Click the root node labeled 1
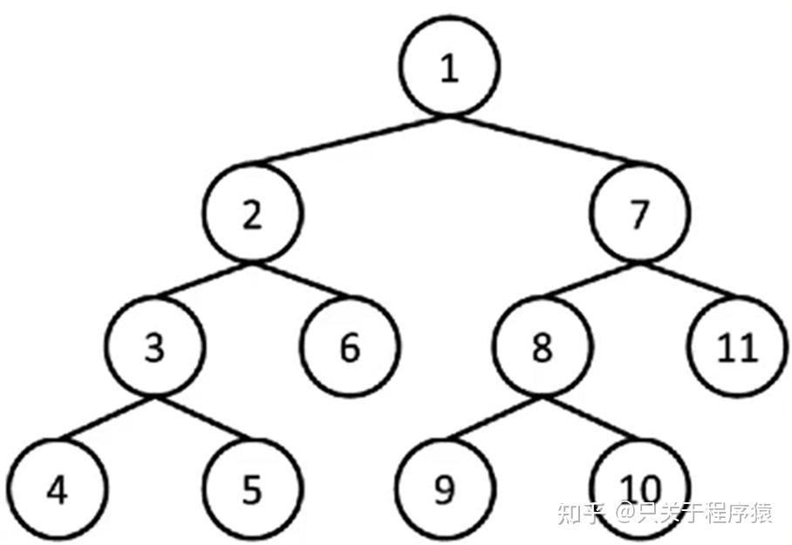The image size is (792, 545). click(449, 69)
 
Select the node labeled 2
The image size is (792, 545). click(253, 214)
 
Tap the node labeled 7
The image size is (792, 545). click(639, 214)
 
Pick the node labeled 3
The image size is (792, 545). click(155, 348)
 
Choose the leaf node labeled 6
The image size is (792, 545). click(350, 348)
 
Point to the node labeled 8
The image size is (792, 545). click(542, 348)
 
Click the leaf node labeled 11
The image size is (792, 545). click(737, 348)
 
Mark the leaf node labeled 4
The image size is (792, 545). click(58, 490)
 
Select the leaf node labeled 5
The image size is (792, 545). click(251, 490)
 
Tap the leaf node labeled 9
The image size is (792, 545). click(445, 490)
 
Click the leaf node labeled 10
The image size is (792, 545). click(639, 485)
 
